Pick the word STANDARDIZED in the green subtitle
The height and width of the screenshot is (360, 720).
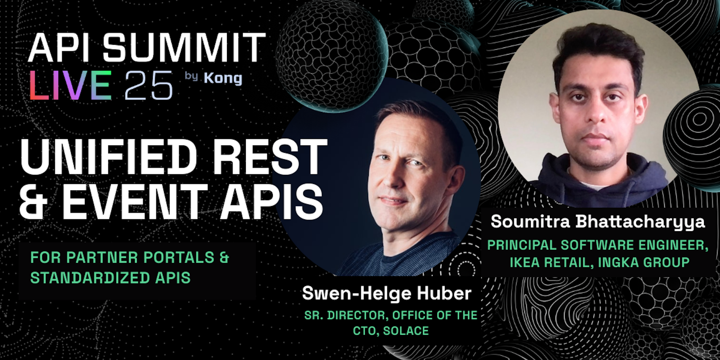(90, 278)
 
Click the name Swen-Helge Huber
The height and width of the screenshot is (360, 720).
(387, 293)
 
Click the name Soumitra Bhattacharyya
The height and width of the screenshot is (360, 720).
(598, 222)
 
